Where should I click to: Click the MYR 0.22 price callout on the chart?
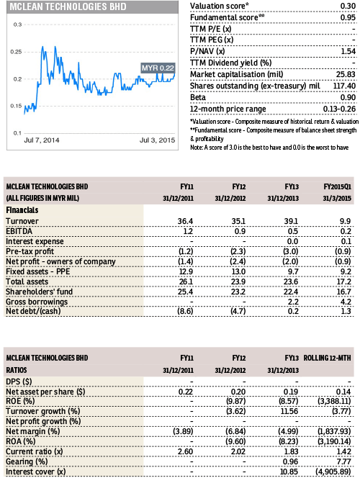(158, 68)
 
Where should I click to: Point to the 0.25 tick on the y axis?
(16, 52)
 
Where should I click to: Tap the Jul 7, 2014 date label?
(42, 140)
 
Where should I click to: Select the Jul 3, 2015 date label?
(157, 140)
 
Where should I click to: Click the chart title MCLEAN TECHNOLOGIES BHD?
(68, 6)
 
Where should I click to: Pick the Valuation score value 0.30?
(348, 6)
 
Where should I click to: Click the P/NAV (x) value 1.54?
(348, 51)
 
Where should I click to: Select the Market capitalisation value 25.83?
(346, 74)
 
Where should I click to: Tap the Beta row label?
(198, 97)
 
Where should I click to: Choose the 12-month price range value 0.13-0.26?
(339, 109)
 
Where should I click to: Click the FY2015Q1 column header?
(337, 186)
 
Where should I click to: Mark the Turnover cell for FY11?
(185, 221)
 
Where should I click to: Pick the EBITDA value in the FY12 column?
(240, 231)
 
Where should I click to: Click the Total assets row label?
(27, 281)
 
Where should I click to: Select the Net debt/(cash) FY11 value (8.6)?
(185, 311)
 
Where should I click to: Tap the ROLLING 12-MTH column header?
(328, 358)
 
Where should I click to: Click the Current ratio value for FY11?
(186, 451)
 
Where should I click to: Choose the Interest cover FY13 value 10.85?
(289, 471)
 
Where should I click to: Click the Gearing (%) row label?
(27, 461)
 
